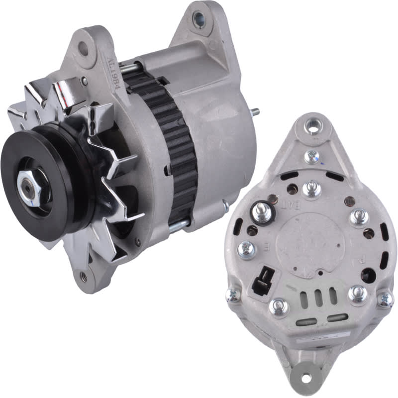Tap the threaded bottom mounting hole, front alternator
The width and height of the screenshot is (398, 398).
click(x=84, y=277)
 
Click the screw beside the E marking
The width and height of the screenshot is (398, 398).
click(x=246, y=249)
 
